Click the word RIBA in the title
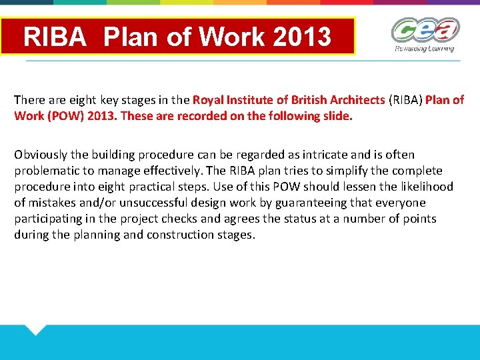55,37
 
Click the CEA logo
425,31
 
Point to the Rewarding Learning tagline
424,49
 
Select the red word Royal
208,100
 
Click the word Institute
251,100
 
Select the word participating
51,219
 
